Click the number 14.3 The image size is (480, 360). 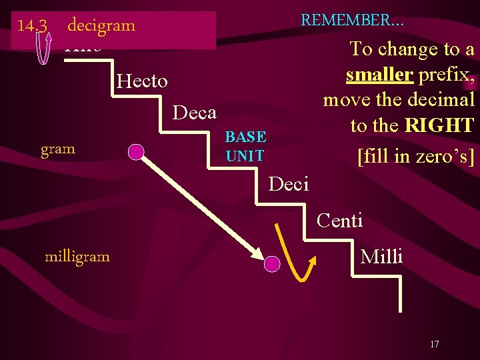tap(31, 25)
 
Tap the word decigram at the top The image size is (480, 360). tap(101, 25)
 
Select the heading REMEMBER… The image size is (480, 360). tap(352, 19)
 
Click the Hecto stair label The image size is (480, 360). tap(142, 81)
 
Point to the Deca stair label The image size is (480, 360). tap(194, 113)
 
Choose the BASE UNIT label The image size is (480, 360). tap(245, 147)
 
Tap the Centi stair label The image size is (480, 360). tap(339, 220)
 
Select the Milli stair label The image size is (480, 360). tap(381, 256)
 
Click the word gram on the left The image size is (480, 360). tap(58, 149)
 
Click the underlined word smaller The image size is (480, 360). tap(379, 75)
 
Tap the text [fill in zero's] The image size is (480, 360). tap(416, 157)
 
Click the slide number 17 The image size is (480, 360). tap(435, 344)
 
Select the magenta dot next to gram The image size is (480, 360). tap(136, 152)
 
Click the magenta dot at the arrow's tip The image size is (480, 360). tap(271, 265)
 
